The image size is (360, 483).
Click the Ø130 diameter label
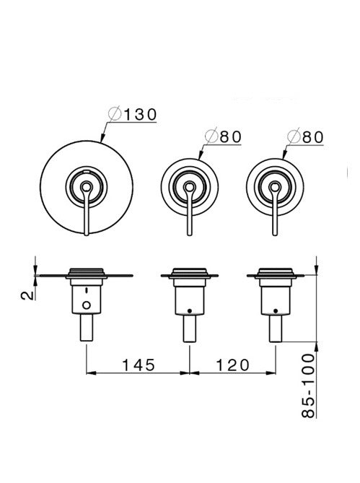pos(133,114)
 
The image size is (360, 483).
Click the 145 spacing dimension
pos(139,365)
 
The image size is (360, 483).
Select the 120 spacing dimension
pos(232,365)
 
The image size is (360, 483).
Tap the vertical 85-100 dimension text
pos(308,386)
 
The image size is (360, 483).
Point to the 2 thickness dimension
pos(27,295)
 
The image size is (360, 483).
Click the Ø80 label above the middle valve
pos(224,136)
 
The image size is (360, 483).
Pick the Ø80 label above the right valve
pos(305,136)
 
